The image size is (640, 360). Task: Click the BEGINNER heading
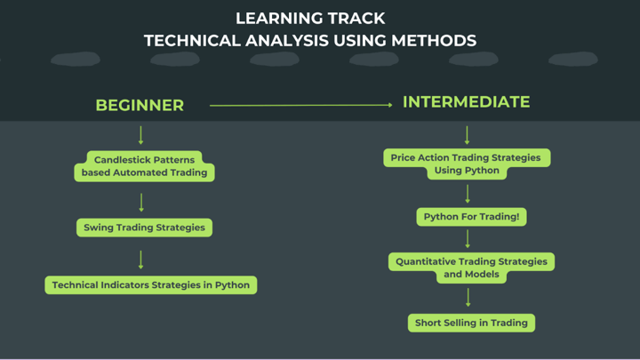(140, 105)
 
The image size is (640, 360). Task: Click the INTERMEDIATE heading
(466, 102)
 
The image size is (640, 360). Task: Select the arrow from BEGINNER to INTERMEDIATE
(300, 105)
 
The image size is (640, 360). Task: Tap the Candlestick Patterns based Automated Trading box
(144, 166)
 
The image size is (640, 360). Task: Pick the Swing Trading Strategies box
(144, 228)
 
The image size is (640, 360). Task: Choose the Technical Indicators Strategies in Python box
(151, 285)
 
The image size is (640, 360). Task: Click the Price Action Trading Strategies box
(467, 164)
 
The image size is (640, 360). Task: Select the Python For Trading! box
(471, 216)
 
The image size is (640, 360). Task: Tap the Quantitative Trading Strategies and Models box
(472, 268)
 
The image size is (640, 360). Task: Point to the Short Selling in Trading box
(471, 323)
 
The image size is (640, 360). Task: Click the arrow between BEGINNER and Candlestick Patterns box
(140, 135)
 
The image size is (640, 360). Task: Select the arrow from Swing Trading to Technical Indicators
(141, 259)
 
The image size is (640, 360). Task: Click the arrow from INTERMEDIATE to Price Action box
(467, 134)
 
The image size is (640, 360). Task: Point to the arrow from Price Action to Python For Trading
(468, 193)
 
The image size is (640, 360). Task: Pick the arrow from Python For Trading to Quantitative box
(468, 237)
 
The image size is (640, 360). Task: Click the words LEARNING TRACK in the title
(310, 18)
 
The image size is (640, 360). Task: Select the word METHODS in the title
(433, 41)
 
